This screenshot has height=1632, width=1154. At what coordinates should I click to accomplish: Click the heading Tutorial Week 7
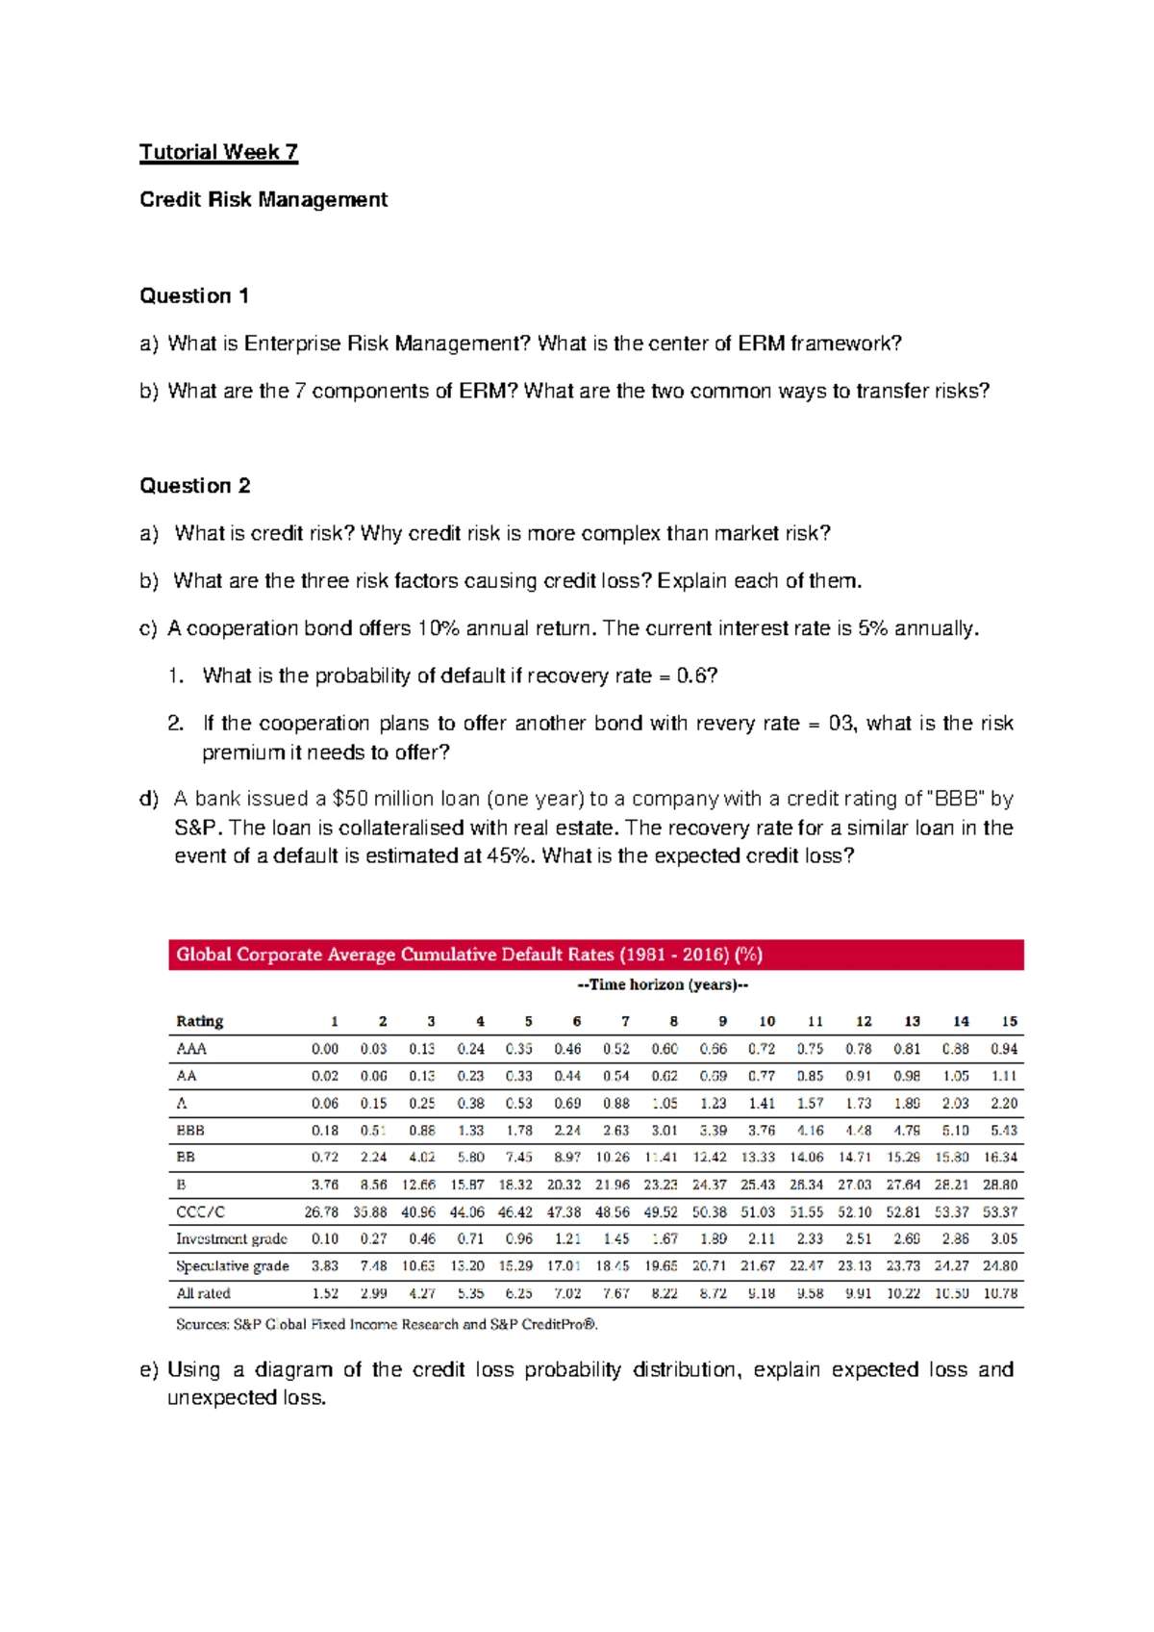click(218, 152)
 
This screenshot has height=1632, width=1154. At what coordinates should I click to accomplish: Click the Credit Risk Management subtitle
click(263, 199)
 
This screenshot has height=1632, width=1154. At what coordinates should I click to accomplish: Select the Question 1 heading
click(194, 295)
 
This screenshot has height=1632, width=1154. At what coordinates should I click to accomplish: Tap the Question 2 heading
click(195, 485)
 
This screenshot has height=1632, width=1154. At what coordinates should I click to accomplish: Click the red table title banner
click(595, 955)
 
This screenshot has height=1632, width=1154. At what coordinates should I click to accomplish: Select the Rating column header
click(199, 1021)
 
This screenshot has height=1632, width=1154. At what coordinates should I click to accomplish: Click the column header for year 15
click(1009, 1021)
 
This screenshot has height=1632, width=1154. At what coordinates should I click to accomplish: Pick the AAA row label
click(191, 1049)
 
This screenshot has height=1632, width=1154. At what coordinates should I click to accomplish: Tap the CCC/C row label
click(200, 1211)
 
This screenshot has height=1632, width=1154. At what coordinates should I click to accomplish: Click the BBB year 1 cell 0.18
click(325, 1131)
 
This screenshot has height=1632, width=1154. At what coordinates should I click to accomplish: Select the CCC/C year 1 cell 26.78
click(321, 1211)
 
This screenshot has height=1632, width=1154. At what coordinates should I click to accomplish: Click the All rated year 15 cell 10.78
click(1000, 1293)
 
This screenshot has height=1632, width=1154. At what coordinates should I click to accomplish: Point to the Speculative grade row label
click(232, 1266)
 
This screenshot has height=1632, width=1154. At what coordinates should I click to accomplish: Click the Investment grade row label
click(231, 1238)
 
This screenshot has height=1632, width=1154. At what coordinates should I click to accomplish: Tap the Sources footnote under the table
click(387, 1324)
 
